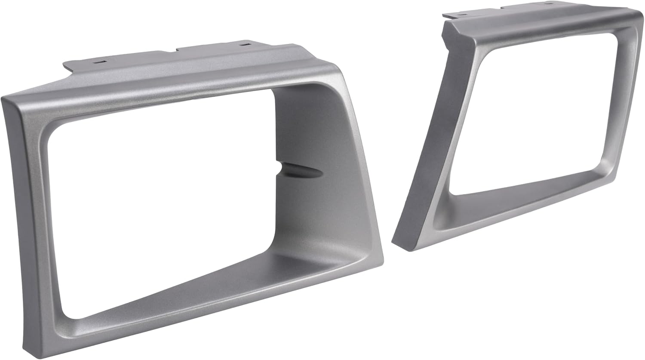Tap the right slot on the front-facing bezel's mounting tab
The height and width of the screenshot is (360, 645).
point(245,44)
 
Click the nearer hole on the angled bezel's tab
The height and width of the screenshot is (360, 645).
point(461,15)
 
